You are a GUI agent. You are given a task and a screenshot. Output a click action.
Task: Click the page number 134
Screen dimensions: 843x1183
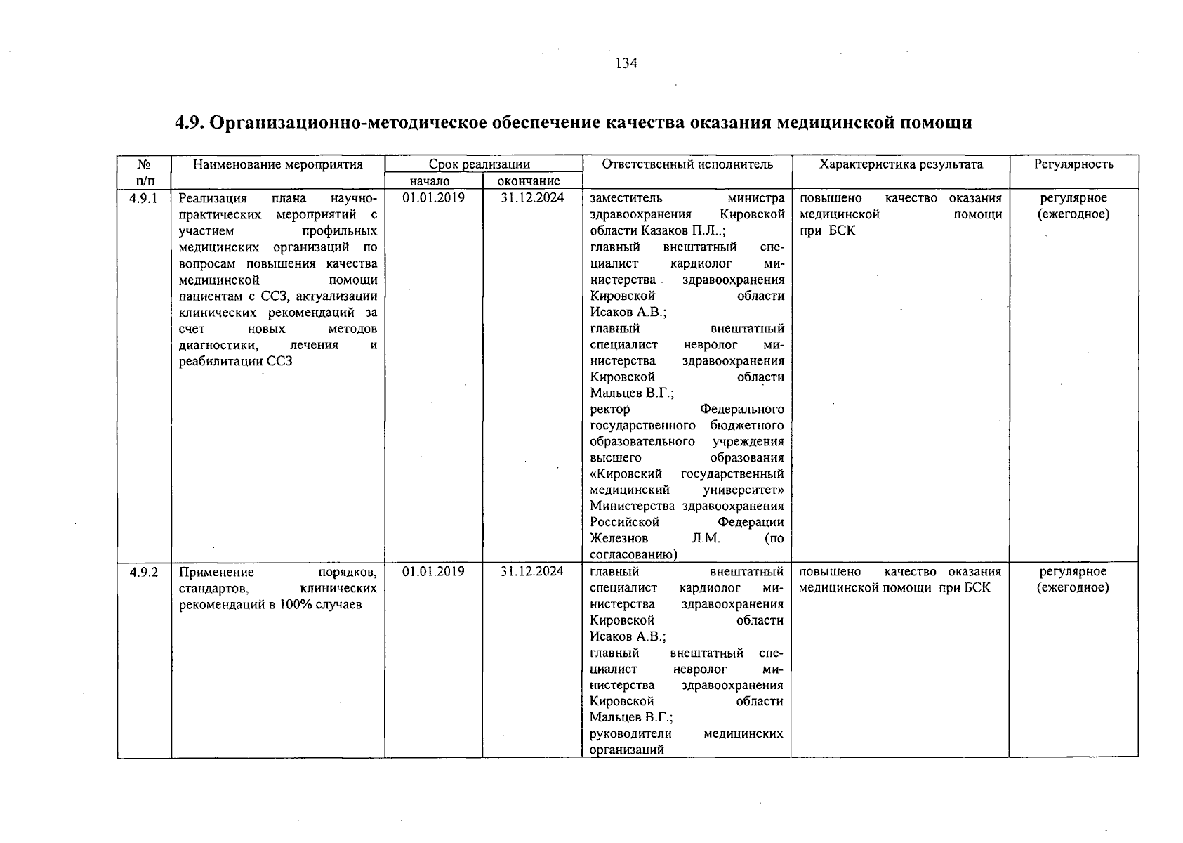click(626, 64)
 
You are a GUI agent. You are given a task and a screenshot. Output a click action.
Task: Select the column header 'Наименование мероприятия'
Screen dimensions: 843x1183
click(278, 164)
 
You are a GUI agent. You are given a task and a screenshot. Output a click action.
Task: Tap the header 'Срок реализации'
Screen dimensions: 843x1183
click(480, 164)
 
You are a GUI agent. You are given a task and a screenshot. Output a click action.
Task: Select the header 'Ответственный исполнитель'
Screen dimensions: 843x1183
click(687, 164)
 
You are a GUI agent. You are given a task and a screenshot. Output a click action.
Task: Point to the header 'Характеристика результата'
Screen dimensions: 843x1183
click(901, 164)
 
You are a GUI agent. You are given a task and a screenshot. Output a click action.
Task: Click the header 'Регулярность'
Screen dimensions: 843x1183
click(1073, 164)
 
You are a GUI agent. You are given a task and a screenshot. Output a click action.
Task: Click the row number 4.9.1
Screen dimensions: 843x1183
click(144, 198)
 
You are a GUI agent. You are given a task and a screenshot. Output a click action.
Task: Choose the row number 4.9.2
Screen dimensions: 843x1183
click(144, 572)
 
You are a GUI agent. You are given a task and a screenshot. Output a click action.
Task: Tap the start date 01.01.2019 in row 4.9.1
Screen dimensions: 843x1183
click(433, 198)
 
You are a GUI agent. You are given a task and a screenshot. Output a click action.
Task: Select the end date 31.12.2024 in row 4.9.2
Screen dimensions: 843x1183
click(531, 572)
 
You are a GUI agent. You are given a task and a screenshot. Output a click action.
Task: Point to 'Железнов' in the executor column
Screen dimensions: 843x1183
click(619, 539)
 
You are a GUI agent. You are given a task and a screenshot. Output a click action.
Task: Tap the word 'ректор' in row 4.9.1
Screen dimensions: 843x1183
click(609, 410)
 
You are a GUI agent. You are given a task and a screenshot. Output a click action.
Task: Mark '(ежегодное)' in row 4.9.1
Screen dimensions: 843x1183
click(1073, 214)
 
